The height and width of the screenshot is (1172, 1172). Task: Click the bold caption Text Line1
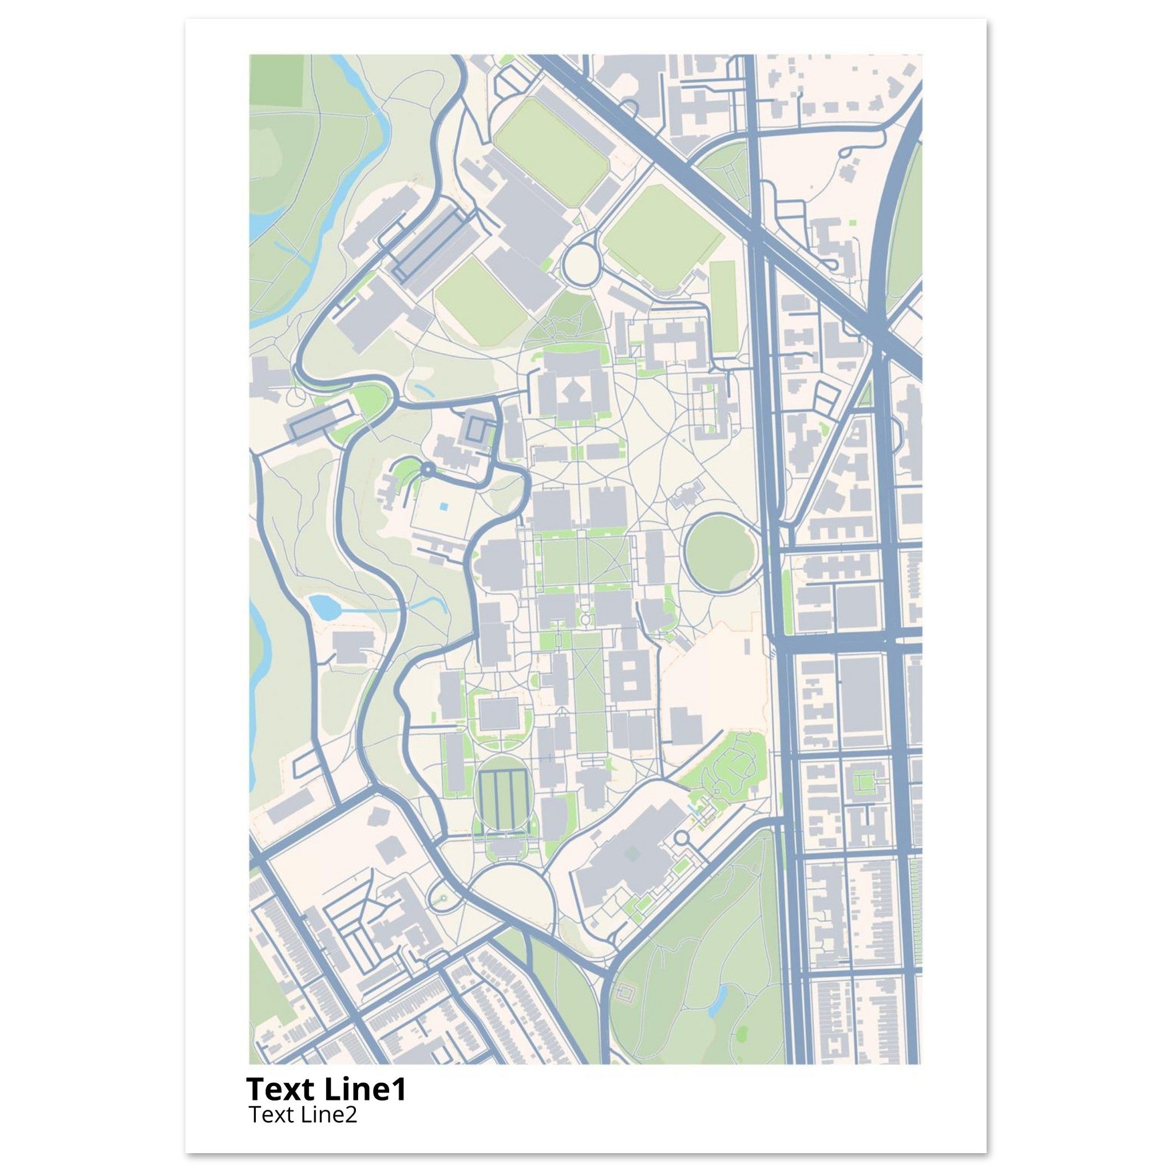[x=326, y=1089]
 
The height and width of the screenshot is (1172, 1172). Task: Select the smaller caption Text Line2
[x=303, y=1114]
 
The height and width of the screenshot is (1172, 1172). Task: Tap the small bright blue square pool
[x=445, y=506]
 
